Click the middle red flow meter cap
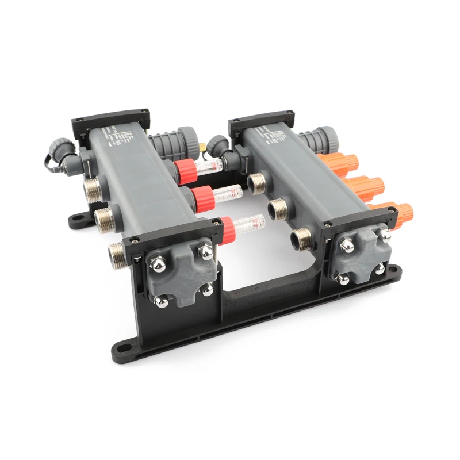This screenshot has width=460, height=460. pyautogui.click(x=202, y=198)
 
